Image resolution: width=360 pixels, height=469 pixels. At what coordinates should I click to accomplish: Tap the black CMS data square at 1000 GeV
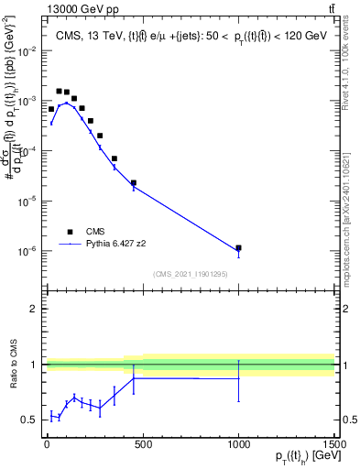tap(238, 247)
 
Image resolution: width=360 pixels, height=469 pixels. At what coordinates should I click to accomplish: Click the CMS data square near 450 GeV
tap(133, 183)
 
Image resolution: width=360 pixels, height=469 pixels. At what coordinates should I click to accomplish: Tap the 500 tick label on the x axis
tap(142, 442)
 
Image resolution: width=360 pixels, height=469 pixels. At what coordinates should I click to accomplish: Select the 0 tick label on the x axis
tap(47, 442)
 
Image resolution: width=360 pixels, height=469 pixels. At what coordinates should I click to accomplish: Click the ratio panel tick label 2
tap(33, 309)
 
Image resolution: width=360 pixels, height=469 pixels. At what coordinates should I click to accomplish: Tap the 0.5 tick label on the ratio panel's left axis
tap(30, 420)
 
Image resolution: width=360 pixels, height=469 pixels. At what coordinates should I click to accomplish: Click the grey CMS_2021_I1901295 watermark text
tap(191, 273)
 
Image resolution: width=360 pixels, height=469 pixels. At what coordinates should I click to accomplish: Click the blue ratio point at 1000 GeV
tap(238, 378)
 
